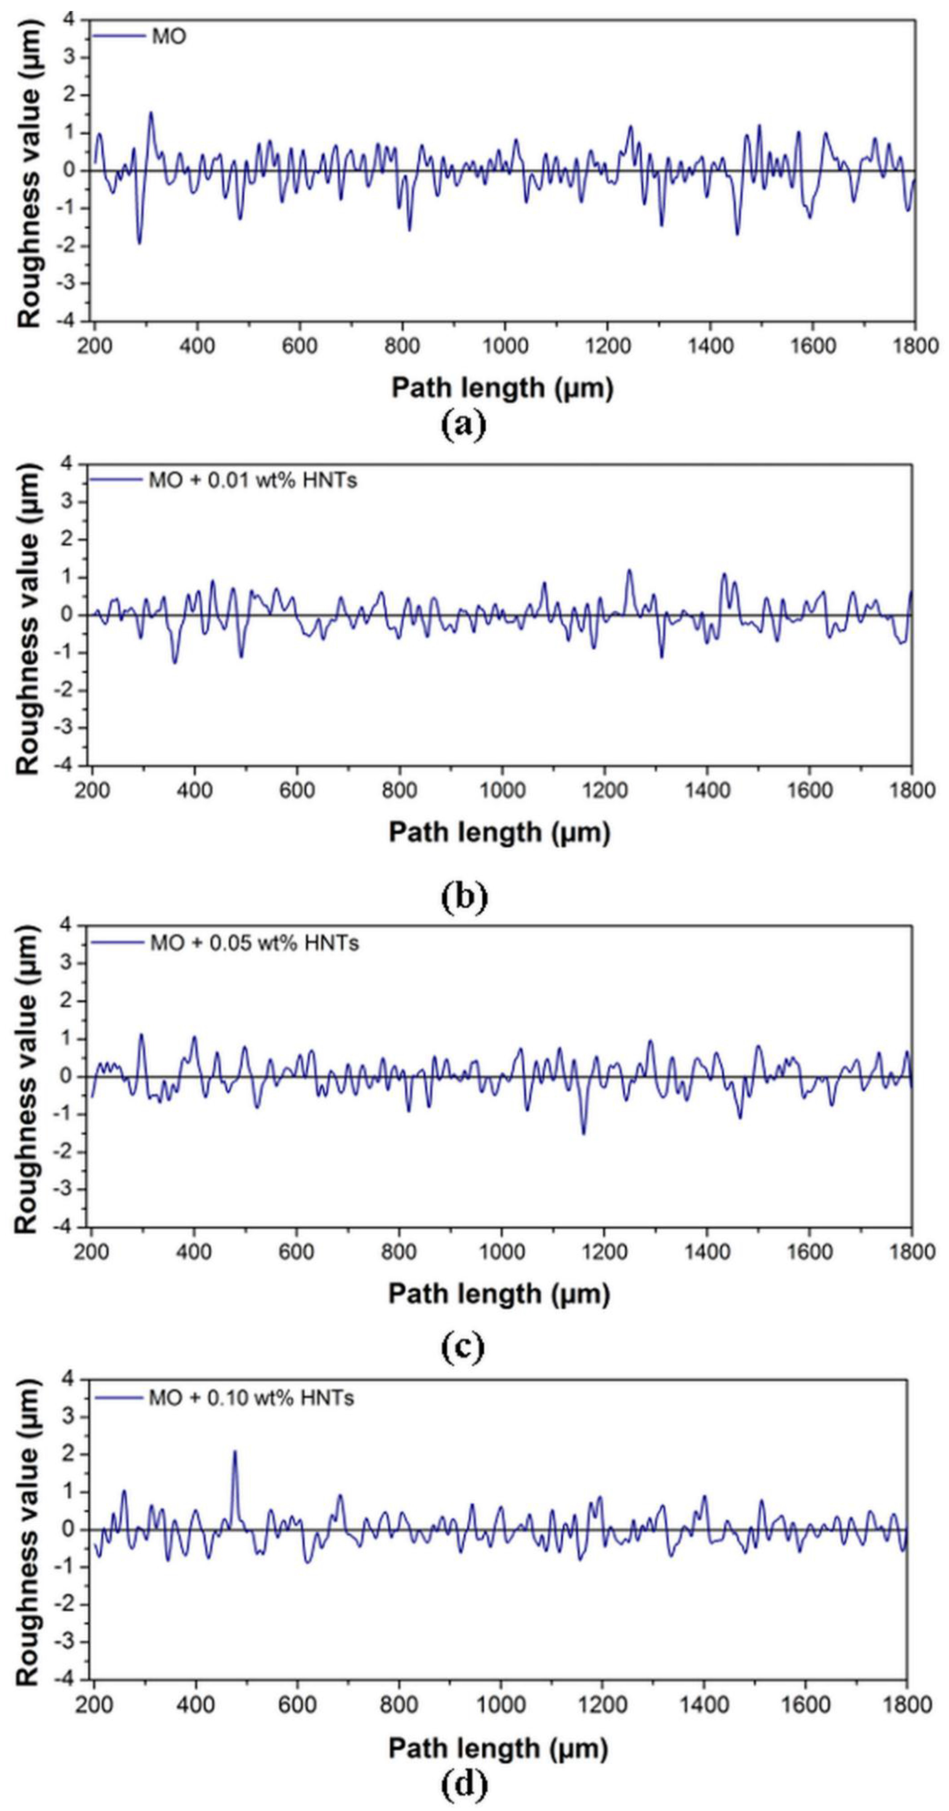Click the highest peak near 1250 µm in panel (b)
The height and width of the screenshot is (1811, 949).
(629, 571)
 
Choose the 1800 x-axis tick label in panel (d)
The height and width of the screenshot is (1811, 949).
(906, 1705)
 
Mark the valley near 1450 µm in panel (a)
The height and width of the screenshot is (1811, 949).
(737, 233)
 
